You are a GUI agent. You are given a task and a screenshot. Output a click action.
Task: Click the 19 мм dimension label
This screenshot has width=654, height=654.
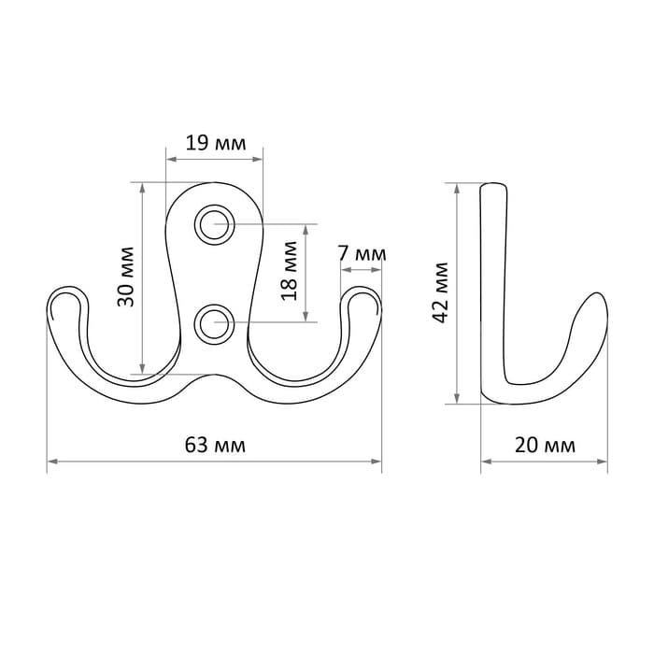point(216,143)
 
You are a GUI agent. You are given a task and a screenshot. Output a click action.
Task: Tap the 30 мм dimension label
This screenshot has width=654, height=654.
point(125,277)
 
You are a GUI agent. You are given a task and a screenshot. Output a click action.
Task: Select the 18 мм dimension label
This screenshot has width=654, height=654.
point(289,271)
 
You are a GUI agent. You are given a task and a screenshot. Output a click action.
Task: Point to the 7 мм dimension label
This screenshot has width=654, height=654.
point(363,253)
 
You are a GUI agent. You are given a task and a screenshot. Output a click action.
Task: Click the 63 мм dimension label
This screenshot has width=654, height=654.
point(215,445)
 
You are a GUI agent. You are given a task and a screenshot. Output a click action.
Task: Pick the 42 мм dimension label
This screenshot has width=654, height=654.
point(440,292)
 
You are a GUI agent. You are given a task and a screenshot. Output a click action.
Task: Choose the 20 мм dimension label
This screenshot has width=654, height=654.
point(545,445)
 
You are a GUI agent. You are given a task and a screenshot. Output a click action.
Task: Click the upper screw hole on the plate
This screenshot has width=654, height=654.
point(214,225)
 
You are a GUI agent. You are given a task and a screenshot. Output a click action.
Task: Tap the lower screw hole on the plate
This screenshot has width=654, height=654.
point(214,324)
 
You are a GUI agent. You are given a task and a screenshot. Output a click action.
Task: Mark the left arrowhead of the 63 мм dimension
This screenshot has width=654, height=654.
point(52,462)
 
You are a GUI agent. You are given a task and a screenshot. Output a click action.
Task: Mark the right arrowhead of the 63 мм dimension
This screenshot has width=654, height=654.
point(377,462)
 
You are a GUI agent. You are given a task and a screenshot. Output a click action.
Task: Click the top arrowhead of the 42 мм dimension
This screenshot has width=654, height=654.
point(457,189)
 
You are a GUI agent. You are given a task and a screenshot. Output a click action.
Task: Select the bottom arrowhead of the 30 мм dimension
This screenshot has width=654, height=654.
point(142,369)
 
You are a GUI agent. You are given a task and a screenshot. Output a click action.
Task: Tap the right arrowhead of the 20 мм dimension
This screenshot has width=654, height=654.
point(603,462)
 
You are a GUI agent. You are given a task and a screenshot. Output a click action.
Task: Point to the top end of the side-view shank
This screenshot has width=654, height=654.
point(494,184)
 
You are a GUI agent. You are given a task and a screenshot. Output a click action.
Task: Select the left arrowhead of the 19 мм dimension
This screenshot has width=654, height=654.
point(171,159)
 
